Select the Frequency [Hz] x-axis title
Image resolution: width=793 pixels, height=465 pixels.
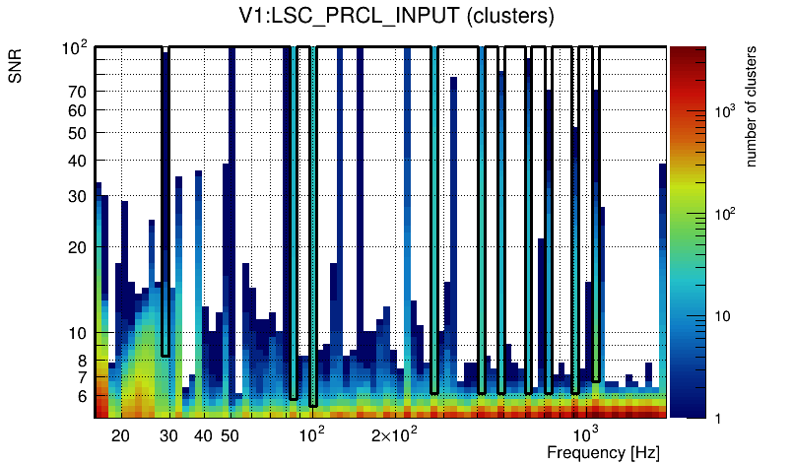(603, 452)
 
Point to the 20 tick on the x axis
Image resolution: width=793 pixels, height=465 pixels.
(121, 435)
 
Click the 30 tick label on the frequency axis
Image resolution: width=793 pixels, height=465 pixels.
(168, 435)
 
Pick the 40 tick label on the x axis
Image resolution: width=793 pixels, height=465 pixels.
(203, 435)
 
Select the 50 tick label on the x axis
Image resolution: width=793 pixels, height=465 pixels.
(230, 435)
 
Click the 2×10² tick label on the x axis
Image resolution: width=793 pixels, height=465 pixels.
(395, 434)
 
